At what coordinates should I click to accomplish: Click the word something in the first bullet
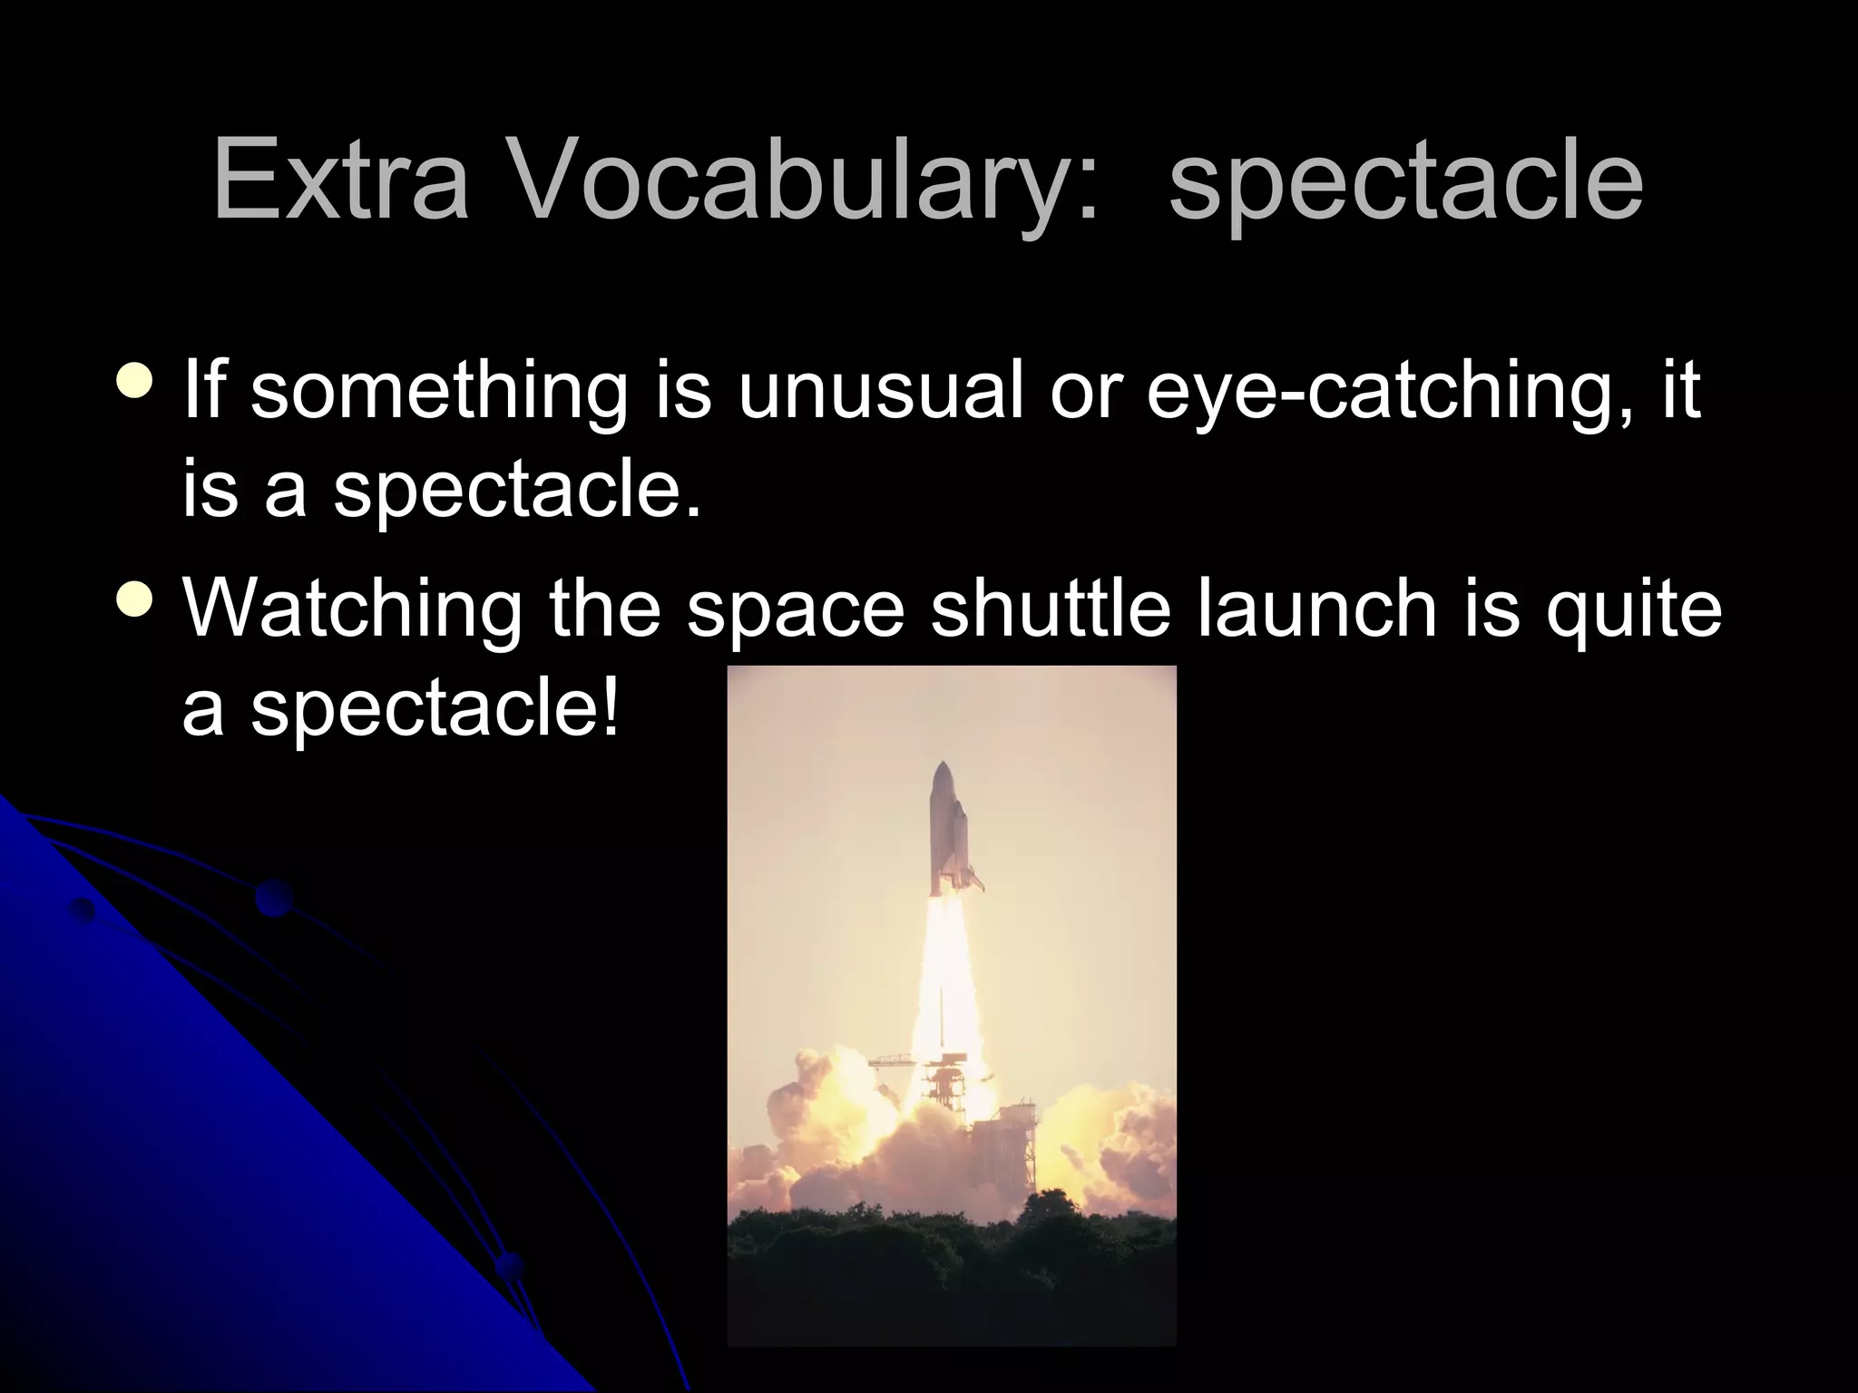point(438,392)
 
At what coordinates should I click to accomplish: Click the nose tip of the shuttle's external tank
point(944,766)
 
